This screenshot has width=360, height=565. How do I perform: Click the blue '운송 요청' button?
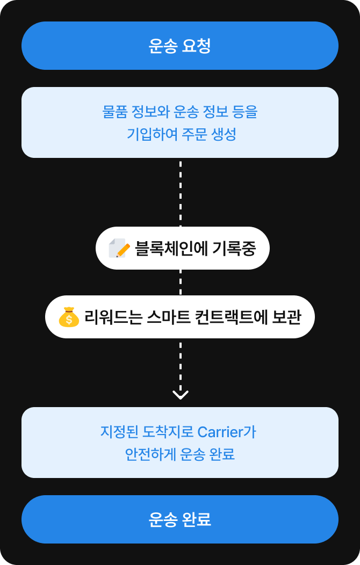click(x=179, y=46)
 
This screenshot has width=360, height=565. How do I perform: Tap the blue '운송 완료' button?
click(x=179, y=519)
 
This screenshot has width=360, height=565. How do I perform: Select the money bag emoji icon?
click(x=69, y=317)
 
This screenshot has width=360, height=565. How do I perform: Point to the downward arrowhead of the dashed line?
click(x=180, y=394)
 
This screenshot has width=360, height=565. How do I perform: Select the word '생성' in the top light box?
click(x=224, y=134)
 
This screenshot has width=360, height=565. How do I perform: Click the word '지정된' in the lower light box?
click(x=117, y=432)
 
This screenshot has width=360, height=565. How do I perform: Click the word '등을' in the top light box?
click(x=245, y=112)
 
